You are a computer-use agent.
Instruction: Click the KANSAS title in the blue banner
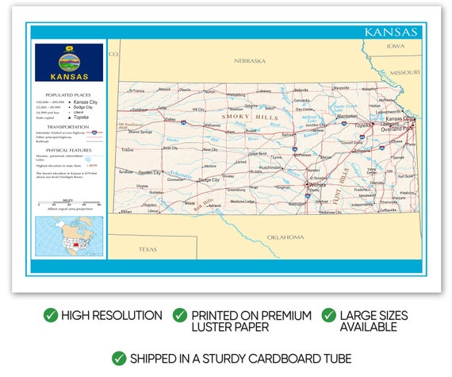pyautogui.click(x=390, y=33)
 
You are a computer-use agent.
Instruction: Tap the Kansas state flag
pyautogui.click(x=69, y=62)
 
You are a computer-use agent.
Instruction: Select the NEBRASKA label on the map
pyautogui.click(x=249, y=60)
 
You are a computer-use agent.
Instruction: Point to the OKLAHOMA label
pyautogui.click(x=285, y=237)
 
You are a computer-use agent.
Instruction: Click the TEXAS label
pyautogui.click(x=148, y=248)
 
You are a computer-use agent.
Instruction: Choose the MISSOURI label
pyautogui.click(x=404, y=72)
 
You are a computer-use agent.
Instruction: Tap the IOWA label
pyautogui.click(x=395, y=46)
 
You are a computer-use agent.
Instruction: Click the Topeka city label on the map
pyautogui.click(x=362, y=125)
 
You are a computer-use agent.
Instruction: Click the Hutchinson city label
pyautogui.click(x=271, y=167)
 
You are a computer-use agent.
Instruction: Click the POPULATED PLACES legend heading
pyautogui.click(x=68, y=94)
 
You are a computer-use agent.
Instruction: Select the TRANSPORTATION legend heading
pyautogui.click(x=68, y=126)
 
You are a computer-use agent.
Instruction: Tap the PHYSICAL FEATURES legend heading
pyautogui.click(x=68, y=148)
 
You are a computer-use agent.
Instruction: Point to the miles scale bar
pyautogui.click(x=69, y=205)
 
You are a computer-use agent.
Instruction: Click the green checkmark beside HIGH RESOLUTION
pyautogui.click(x=51, y=316)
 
